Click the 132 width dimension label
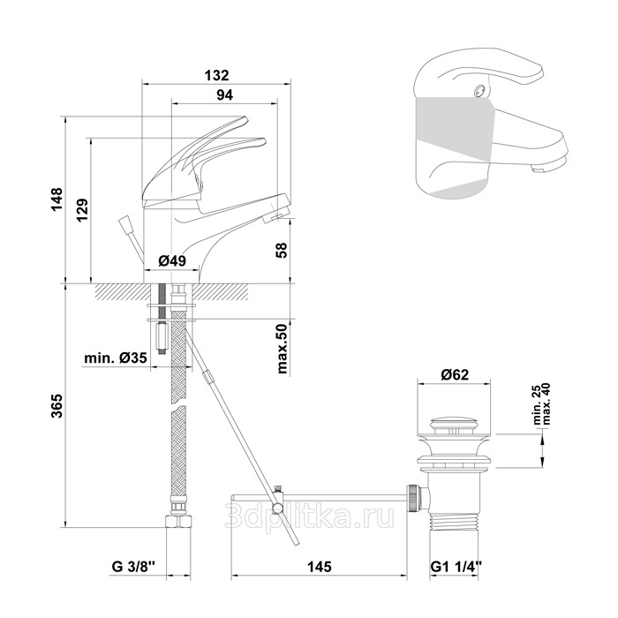pyautogui.click(x=216, y=75)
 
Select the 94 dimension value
pyautogui.click(x=224, y=94)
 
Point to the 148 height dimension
pyautogui.click(x=57, y=200)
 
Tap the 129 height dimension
pyautogui.click(x=83, y=210)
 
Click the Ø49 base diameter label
pyautogui.click(x=172, y=260)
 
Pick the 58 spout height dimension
pyautogui.click(x=282, y=250)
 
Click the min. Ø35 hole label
pyautogui.click(x=116, y=358)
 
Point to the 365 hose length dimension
pyautogui.click(x=57, y=405)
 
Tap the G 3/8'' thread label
pyautogui.click(x=134, y=567)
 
